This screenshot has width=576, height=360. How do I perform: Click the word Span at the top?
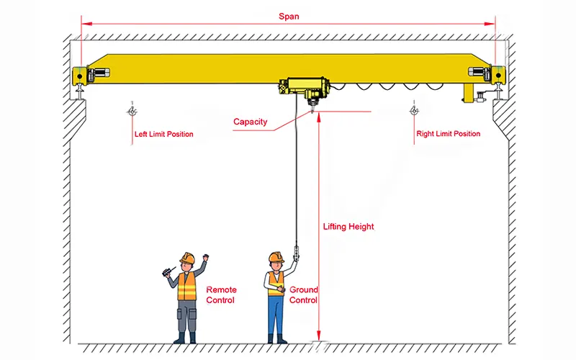[x=288, y=15]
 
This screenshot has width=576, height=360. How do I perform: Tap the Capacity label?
[x=250, y=122]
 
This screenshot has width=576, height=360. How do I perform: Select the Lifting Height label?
[x=348, y=227]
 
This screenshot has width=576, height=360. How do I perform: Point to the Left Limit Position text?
[x=163, y=134]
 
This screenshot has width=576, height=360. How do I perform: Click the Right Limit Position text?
[x=448, y=134]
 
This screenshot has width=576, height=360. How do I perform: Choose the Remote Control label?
[x=220, y=294]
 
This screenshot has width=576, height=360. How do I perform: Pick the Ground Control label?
[x=304, y=294]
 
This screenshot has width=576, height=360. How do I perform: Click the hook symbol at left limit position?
[x=131, y=111]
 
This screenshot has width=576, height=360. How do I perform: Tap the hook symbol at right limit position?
[x=414, y=111]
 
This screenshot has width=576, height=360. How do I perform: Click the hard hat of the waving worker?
[x=187, y=257]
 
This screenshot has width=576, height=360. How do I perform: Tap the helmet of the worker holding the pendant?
[x=276, y=257]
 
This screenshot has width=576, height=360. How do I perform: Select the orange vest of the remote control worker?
[x=186, y=286]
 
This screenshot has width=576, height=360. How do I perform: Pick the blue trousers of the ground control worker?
[x=276, y=317]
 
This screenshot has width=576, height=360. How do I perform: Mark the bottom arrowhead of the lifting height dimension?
[x=318, y=338]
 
